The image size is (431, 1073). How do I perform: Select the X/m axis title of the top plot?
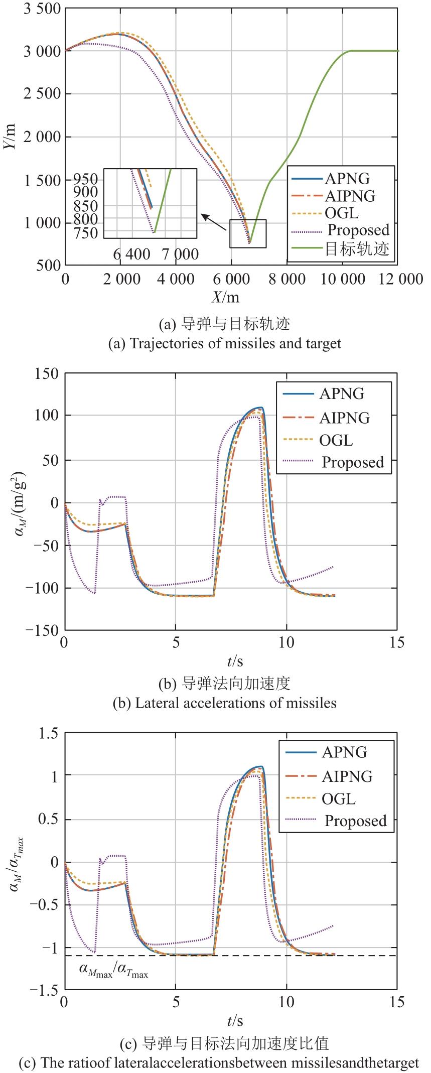225,298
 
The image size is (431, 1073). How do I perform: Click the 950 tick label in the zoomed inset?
87,179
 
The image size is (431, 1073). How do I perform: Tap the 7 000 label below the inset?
180,254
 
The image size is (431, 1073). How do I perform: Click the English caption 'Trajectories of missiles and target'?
225,344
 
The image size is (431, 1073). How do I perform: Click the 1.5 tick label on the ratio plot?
49,734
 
